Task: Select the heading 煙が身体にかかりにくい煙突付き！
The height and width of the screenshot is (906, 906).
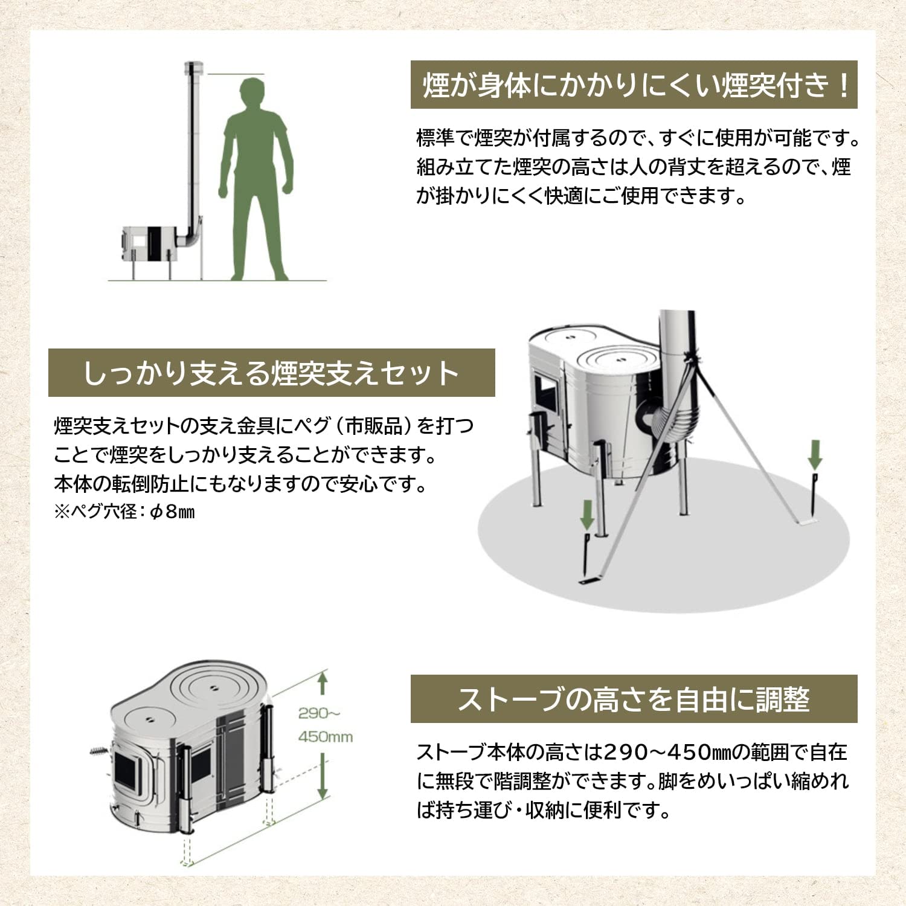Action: point(634,85)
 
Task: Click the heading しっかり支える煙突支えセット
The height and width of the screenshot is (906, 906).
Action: point(271,373)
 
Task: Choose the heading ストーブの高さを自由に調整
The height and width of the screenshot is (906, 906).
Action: point(634,699)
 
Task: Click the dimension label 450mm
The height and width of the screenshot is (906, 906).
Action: point(325,737)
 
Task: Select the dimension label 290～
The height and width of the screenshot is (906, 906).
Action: point(319,713)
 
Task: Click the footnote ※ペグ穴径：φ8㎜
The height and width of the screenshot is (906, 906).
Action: point(124,512)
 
